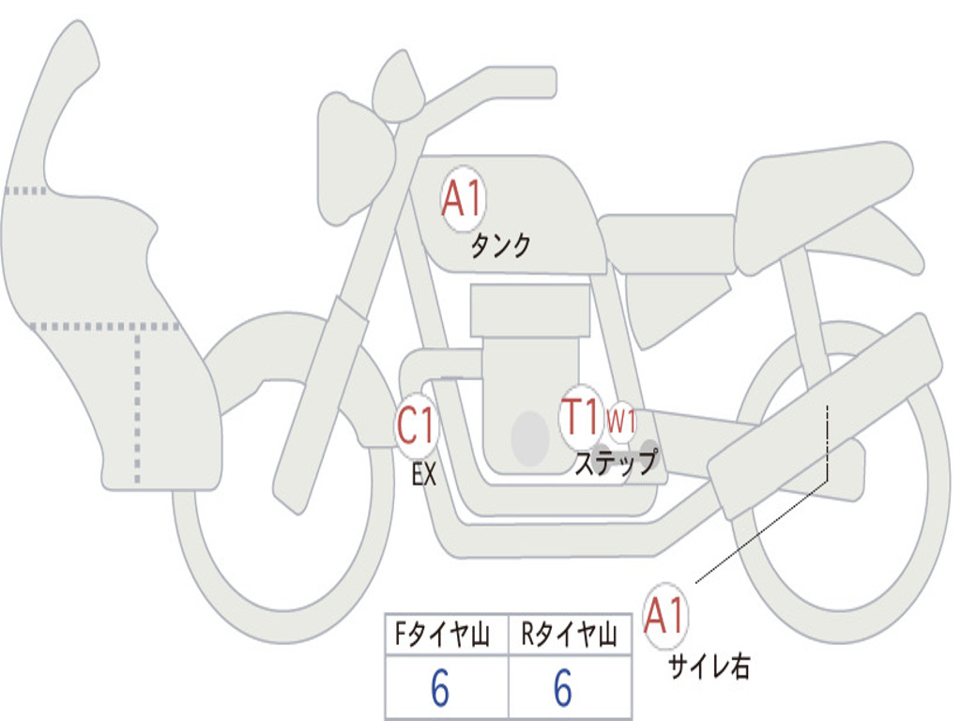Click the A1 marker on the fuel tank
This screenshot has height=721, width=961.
click(464, 199)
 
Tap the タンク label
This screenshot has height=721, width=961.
click(500, 246)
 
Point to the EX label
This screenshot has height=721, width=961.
click(424, 474)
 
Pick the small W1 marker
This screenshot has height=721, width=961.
click(621, 422)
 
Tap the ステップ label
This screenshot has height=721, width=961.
click(616, 462)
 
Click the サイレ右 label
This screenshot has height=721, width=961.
click(709, 667)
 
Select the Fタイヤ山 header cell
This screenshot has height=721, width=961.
click(447, 635)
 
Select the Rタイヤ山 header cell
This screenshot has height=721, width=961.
click(570, 635)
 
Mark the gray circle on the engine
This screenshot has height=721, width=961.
click(530, 437)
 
